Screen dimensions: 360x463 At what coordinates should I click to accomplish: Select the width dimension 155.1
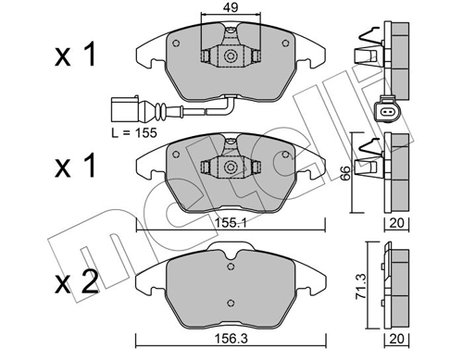(229, 224)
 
